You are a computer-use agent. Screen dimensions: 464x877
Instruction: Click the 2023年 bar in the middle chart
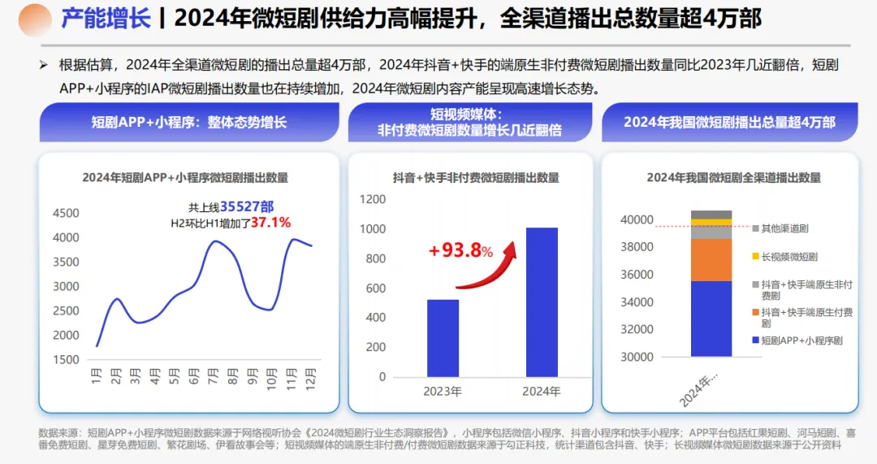(x=443, y=338)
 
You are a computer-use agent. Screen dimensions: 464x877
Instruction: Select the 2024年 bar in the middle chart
(x=541, y=302)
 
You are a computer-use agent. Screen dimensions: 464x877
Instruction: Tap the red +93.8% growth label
(x=461, y=251)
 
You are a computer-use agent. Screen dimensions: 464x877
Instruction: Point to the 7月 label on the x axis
(x=214, y=378)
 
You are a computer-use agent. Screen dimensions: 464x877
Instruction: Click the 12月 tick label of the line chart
(x=310, y=379)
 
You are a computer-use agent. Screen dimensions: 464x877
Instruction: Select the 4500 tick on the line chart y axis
(x=66, y=214)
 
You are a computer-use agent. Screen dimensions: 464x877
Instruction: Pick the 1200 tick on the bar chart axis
(x=373, y=199)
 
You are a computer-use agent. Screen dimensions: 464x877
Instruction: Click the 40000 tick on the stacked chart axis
(x=637, y=219)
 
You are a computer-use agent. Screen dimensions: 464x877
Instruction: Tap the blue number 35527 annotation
(x=242, y=206)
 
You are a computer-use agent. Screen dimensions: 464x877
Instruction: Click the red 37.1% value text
(x=270, y=222)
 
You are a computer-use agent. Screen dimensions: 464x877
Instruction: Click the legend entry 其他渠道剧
(x=784, y=229)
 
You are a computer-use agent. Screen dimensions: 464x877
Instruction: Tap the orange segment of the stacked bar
(x=711, y=260)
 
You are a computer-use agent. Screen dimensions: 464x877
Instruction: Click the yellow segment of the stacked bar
(x=711, y=222)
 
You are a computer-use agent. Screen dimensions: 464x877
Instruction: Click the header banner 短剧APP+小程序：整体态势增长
(x=188, y=124)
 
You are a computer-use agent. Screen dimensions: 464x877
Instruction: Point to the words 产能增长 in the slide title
(x=106, y=19)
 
